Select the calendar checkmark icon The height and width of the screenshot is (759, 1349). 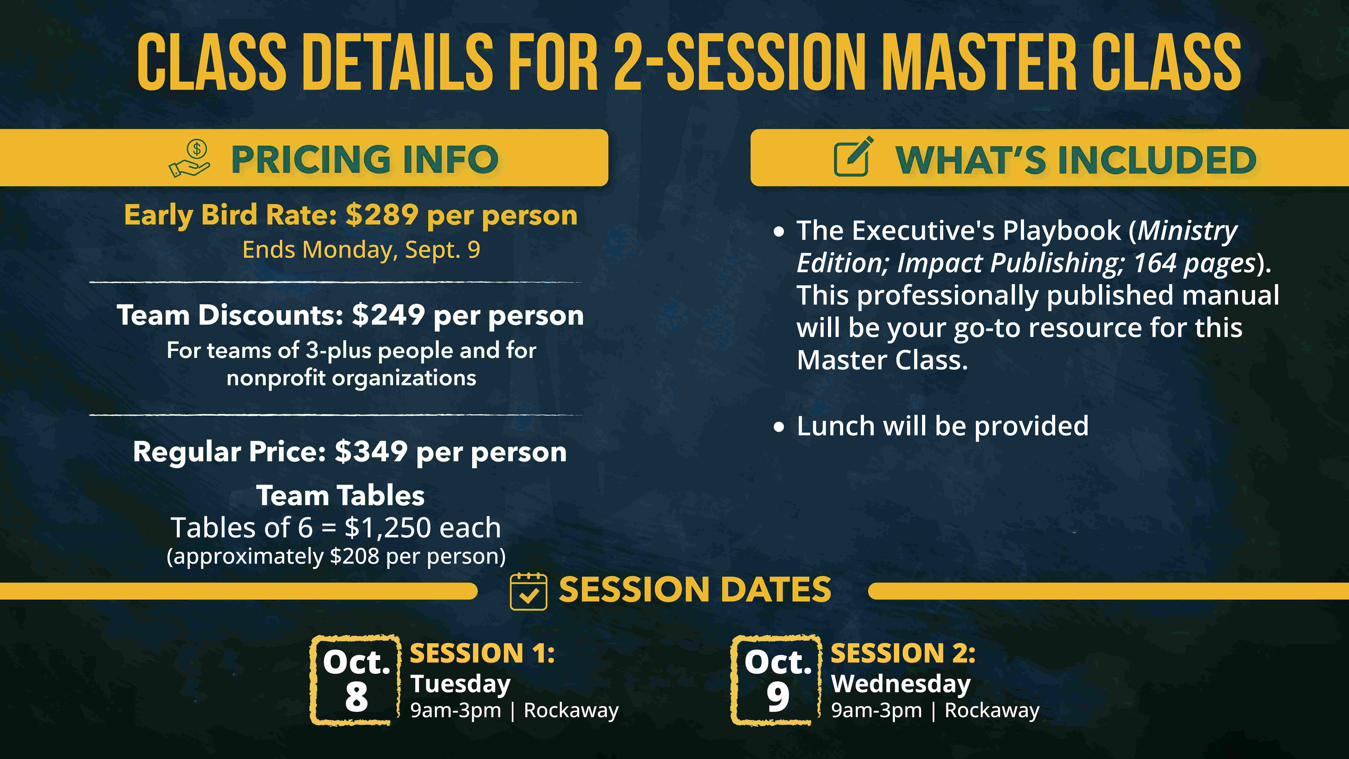(x=528, y=591)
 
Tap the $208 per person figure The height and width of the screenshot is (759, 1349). (x=354, y=556)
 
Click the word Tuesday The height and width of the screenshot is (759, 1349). (x=460, y=684)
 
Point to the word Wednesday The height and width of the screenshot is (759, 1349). (x=901, y=684)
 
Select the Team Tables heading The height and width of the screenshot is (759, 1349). (x=340, y=496)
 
